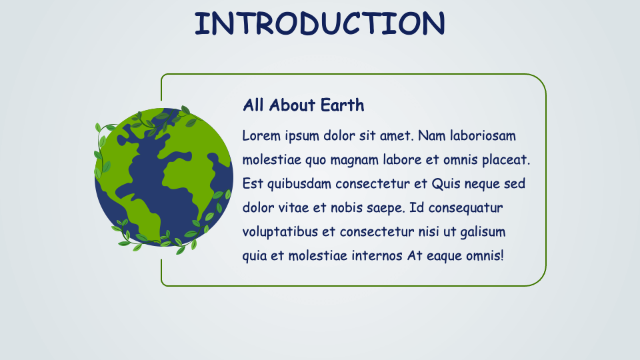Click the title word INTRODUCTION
[x=319, y=24]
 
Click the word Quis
[x=446, y=184]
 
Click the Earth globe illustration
[x=164, y=177]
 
